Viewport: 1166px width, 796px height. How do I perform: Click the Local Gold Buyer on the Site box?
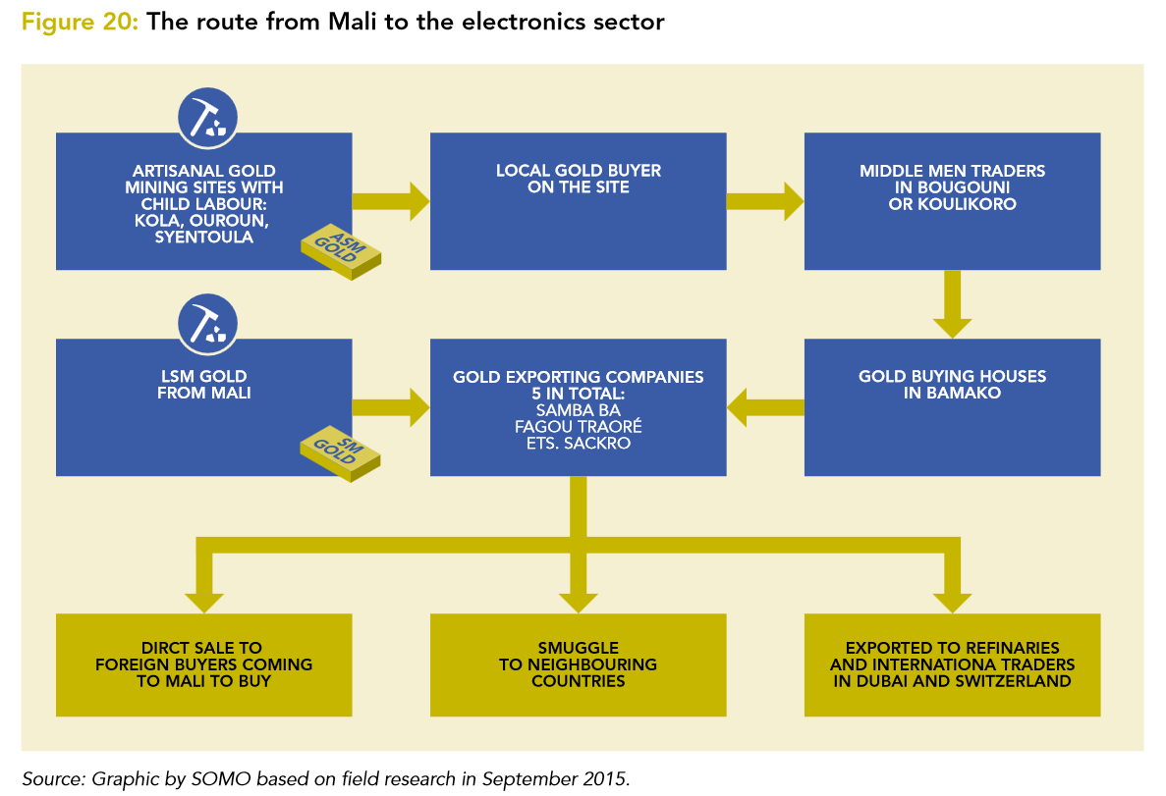pos(578,201)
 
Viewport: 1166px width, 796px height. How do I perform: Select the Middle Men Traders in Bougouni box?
pos(952,201)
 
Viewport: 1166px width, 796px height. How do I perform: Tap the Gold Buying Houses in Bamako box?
pos(952,406)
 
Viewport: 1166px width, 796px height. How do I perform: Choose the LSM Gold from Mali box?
pos(203,406)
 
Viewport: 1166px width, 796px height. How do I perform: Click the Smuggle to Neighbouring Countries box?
pos(578,664)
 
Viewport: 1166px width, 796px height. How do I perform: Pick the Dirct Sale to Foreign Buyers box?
pos(203,664)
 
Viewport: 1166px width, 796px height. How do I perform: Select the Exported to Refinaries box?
pos(952,664)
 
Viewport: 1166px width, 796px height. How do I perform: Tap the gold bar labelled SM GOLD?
pos(340,452)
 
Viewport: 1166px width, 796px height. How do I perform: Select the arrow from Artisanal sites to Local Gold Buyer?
pos(391,201)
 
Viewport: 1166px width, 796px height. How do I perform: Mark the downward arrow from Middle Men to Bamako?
pos(952,304)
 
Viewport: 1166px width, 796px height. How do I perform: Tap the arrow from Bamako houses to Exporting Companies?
pos(765,406)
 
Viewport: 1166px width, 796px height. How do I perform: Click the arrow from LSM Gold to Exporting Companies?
pos(391,406)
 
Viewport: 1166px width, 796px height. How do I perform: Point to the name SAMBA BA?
pos(578,409)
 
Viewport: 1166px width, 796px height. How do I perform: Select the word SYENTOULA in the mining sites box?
pos(203,238)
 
